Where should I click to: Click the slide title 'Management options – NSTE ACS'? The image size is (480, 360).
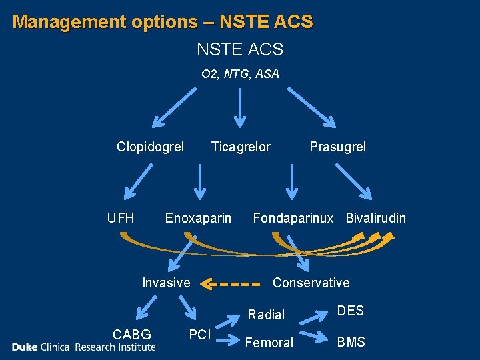coord(163,22)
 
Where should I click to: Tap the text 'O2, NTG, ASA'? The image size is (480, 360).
coord(240,74)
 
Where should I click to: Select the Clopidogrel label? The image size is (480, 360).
coord(150,147)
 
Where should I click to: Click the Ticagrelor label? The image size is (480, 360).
coord(241,147)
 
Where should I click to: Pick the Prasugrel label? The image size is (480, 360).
coord(337,147)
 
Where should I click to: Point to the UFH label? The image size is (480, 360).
coord(121,218)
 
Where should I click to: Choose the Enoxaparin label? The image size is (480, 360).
coord(198,218)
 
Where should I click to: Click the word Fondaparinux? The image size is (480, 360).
coord(293,218)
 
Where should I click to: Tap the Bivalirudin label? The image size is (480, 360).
coord(375,218)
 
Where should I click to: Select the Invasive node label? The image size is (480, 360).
coord(166,283)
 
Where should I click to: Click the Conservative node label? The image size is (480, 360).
coord(311,283)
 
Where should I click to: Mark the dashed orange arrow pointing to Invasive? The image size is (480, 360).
coord(229,284)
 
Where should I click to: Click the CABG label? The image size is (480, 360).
coord(132,334)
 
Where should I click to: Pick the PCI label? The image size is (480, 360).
coord(200,334)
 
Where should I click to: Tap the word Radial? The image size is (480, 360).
coord(266,315)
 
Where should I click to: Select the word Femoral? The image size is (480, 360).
coord(269,343)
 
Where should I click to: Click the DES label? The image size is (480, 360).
coord(350,311)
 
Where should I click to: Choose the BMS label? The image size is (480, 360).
coord(351,342)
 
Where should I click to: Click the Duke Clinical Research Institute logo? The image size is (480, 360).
coord(83,347)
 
